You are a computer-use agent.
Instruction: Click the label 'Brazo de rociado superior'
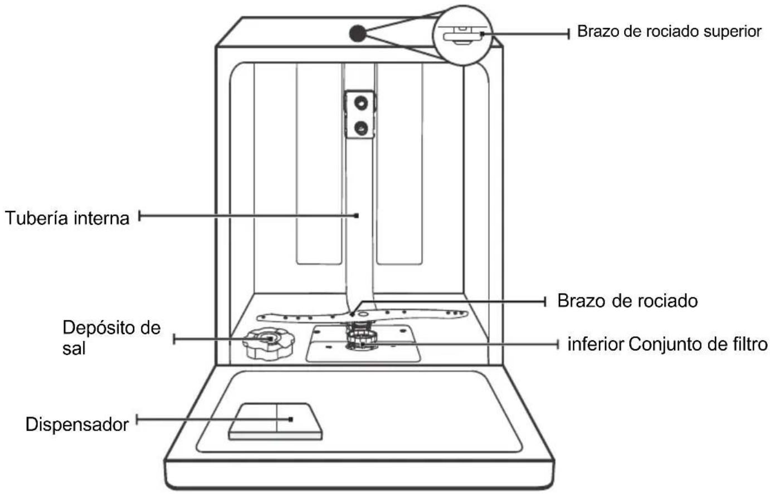tap(669, 32)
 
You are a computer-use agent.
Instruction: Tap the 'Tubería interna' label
tap(67, 218)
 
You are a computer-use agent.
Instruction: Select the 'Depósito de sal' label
tap(111, 338)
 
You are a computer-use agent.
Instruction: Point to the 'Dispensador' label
tap(77, 424)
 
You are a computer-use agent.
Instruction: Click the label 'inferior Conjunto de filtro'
tap(667, 344)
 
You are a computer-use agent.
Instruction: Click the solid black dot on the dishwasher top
tap(358, 33)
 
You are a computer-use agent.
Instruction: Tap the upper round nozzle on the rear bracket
tap(361, 102)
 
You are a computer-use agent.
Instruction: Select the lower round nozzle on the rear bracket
tap(361, 129)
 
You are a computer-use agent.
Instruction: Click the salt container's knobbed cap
tap(269, 344)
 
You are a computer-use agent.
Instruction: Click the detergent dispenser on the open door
tap(275, 422)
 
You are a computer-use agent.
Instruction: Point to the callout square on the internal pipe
tap(357, 216)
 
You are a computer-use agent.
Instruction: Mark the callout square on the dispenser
tap(291, 419)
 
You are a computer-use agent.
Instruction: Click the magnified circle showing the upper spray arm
tap(462, 35)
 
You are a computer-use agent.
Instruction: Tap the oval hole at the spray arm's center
tap(363, 314)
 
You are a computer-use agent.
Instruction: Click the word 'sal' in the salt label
tap(74, 348)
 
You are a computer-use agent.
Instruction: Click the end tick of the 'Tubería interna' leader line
tap(139, 216)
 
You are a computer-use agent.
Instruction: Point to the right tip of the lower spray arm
tap(467, 313)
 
